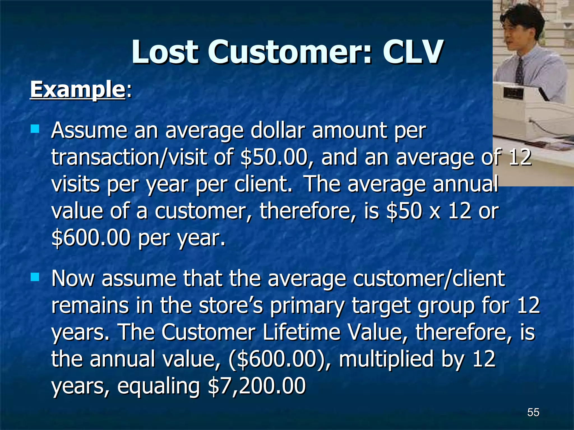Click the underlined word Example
pyautogui.click(x=77, y=90)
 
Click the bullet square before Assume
pyautogui.click(x=35, y=129)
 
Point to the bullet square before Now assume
pyautogui.click(x=35, y=277)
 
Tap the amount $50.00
pyautogui.click(x=274, y=158)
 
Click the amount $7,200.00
pyautogui.click(x=256, y=386)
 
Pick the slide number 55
pyautogui.click(x=533, y=412)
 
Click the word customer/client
pyautogui.click(x=429, y=279)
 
